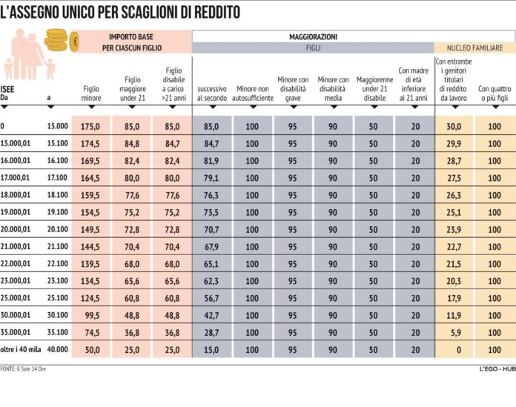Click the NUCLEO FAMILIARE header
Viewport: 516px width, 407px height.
point(474,47)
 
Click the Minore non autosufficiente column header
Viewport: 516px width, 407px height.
point(252,93)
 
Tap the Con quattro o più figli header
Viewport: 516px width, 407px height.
point(494,93)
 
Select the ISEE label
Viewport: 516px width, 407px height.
point(9,88)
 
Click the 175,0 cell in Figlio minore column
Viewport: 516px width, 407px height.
point(91,127)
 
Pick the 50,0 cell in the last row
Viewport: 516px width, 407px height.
point(91,349)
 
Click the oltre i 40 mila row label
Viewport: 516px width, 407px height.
point(20,349)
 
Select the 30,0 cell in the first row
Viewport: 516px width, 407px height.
point(454,127)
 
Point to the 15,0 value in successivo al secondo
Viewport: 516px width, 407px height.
point(211,349)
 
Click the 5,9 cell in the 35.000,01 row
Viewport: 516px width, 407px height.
point(454,332)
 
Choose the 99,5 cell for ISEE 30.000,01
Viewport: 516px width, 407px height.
point(91,315)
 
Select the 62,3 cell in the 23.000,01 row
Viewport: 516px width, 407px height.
point(211,281)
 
